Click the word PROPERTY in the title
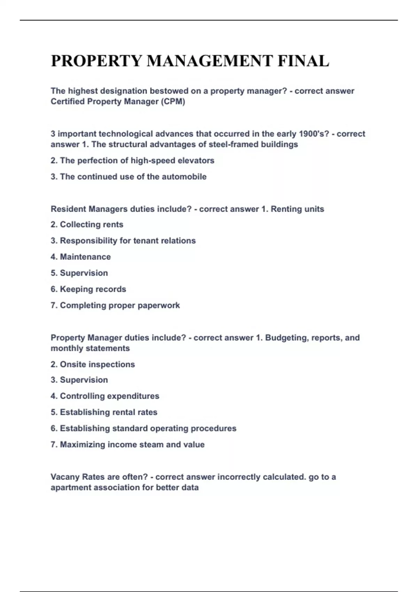point(96,61)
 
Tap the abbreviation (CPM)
point(173,101)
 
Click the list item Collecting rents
point(87,225)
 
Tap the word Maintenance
point(85,257)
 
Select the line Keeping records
point(88,289)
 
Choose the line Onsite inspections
point(93,364)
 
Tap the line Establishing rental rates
point(104,412)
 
